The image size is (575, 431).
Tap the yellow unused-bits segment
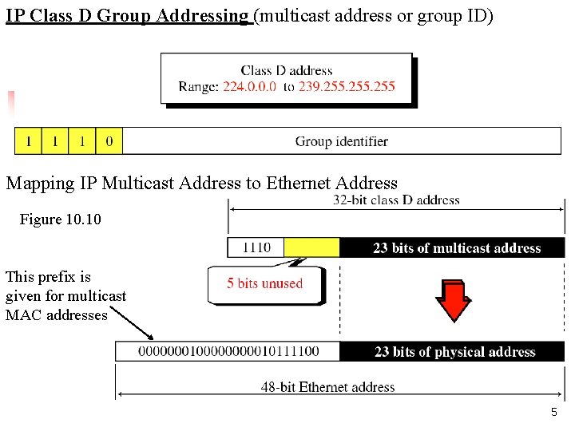(x=312, y=247)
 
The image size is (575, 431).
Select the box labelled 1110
(x=256, y=247)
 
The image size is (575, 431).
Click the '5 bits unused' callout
(x=265, y=284)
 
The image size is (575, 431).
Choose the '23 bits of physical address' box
(x=454, y=352)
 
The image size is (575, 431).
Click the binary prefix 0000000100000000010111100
(x=228, y=352)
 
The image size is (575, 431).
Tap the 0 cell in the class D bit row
(x=109, y=142)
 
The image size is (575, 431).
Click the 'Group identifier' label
(x=342, y=142)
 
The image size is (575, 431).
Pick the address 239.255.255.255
(x=347, y=86)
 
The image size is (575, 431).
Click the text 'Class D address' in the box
(x=286, y=70)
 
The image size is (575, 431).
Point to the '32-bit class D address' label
(x=396, y=200)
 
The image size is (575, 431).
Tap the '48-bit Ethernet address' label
(x=327, y=387)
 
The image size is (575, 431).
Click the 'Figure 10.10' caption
(x=61, y=219)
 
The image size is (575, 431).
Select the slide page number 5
(x=553, y=413)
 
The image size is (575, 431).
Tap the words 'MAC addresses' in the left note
(x=56, y=315)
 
